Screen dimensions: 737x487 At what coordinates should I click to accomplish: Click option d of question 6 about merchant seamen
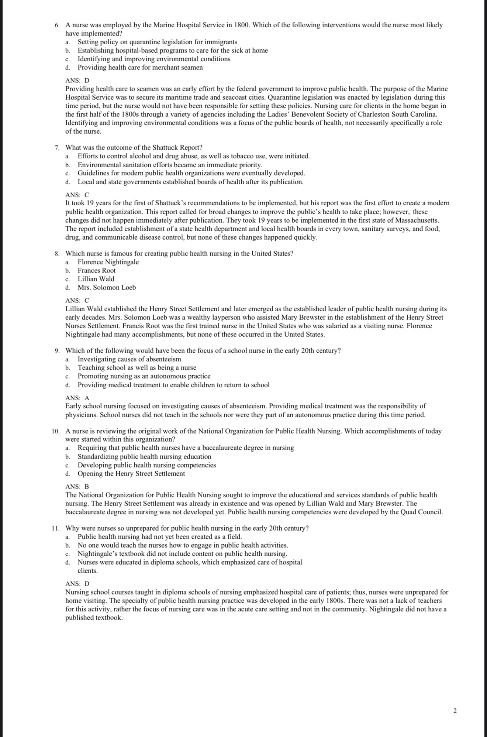pos(140,68)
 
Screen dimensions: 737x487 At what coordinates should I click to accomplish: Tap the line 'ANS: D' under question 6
pos(77,80)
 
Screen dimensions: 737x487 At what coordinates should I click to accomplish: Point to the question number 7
pos(57,148)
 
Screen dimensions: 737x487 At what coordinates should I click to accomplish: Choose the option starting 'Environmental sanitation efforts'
pos(170,165)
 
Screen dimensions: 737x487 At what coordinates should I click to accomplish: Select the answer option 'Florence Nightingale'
pos(108,262)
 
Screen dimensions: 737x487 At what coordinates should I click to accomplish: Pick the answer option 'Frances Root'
pos(96,271)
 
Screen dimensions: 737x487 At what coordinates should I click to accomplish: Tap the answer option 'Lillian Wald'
pos(96,279)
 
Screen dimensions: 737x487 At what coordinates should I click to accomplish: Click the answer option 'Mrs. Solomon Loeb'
pos(107,288)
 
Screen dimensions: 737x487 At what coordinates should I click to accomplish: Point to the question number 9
pos(57,351)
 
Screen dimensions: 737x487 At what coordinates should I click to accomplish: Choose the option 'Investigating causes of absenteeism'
pos(129,359)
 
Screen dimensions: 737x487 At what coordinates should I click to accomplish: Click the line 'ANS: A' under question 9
pos(77,398)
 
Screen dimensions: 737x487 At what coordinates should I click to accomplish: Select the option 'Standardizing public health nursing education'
pos(144,457)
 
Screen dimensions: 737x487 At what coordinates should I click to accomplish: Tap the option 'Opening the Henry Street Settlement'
pos(131,474)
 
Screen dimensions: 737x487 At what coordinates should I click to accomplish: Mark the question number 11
pos(56,528)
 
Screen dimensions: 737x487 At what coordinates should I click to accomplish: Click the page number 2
pos(455,711)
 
